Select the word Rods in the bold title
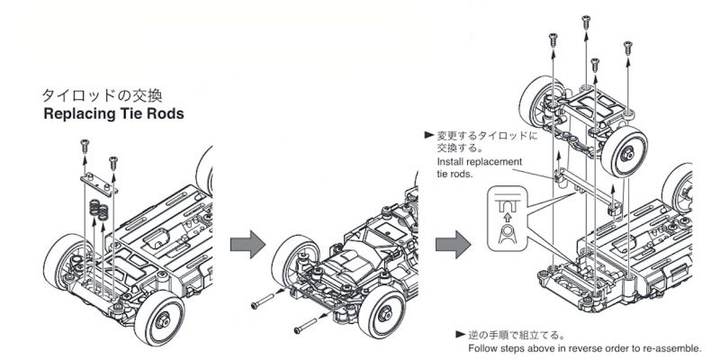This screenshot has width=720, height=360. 166,114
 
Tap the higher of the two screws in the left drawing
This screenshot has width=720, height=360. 84,143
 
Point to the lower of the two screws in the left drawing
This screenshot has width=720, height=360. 113,162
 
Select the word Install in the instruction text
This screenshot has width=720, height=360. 450,161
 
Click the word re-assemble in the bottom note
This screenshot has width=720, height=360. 667,349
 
